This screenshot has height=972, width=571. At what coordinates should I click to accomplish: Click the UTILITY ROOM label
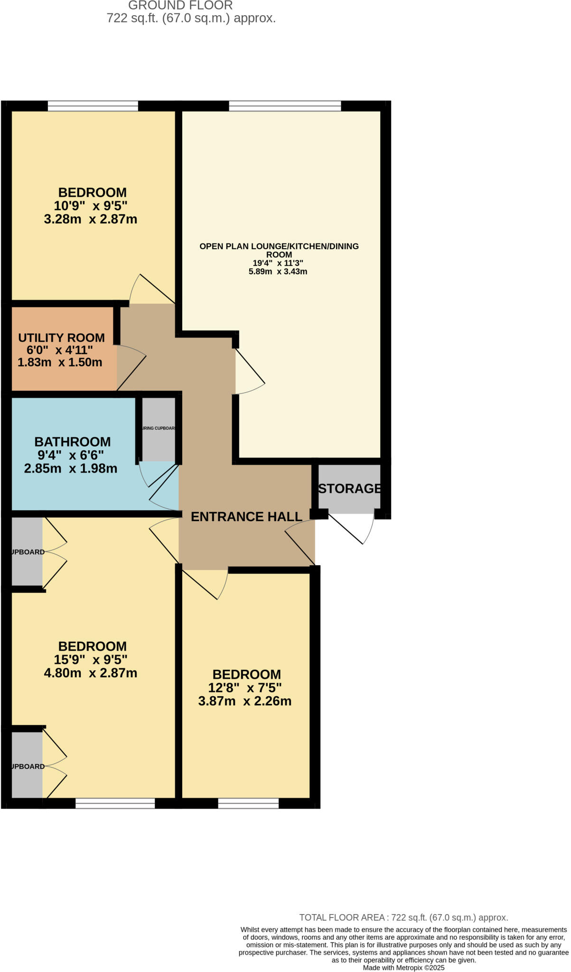pos(61,338)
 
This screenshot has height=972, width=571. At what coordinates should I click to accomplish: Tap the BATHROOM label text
pos(73,442)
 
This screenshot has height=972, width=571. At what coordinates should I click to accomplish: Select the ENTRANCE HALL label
pos(246,517)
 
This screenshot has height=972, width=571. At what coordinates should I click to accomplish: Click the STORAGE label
pos(349,488)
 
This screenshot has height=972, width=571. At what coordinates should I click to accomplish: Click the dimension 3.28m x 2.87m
pos(91,219)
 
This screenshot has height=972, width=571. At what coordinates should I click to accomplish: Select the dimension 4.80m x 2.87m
pos(91,673)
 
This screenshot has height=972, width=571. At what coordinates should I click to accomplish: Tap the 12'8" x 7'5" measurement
pos(245,688)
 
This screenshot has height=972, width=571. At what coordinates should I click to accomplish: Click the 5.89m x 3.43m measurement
pos(278,272)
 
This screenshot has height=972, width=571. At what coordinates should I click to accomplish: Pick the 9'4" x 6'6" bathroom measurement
pos(71,455)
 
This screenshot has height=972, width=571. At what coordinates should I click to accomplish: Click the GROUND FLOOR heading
pos(180,6)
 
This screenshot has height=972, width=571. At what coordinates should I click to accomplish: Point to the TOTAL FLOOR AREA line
pos(403,917)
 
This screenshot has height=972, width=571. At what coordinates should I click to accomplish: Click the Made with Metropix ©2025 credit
pos(403,968)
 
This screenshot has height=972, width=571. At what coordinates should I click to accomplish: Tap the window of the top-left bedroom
pos(93,106)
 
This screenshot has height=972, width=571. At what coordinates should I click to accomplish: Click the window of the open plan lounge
pos(285,106)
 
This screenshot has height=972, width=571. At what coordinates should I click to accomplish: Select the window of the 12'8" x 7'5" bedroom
pos(248,803)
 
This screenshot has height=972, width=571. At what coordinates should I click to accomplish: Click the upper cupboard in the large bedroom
pos(27,552)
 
